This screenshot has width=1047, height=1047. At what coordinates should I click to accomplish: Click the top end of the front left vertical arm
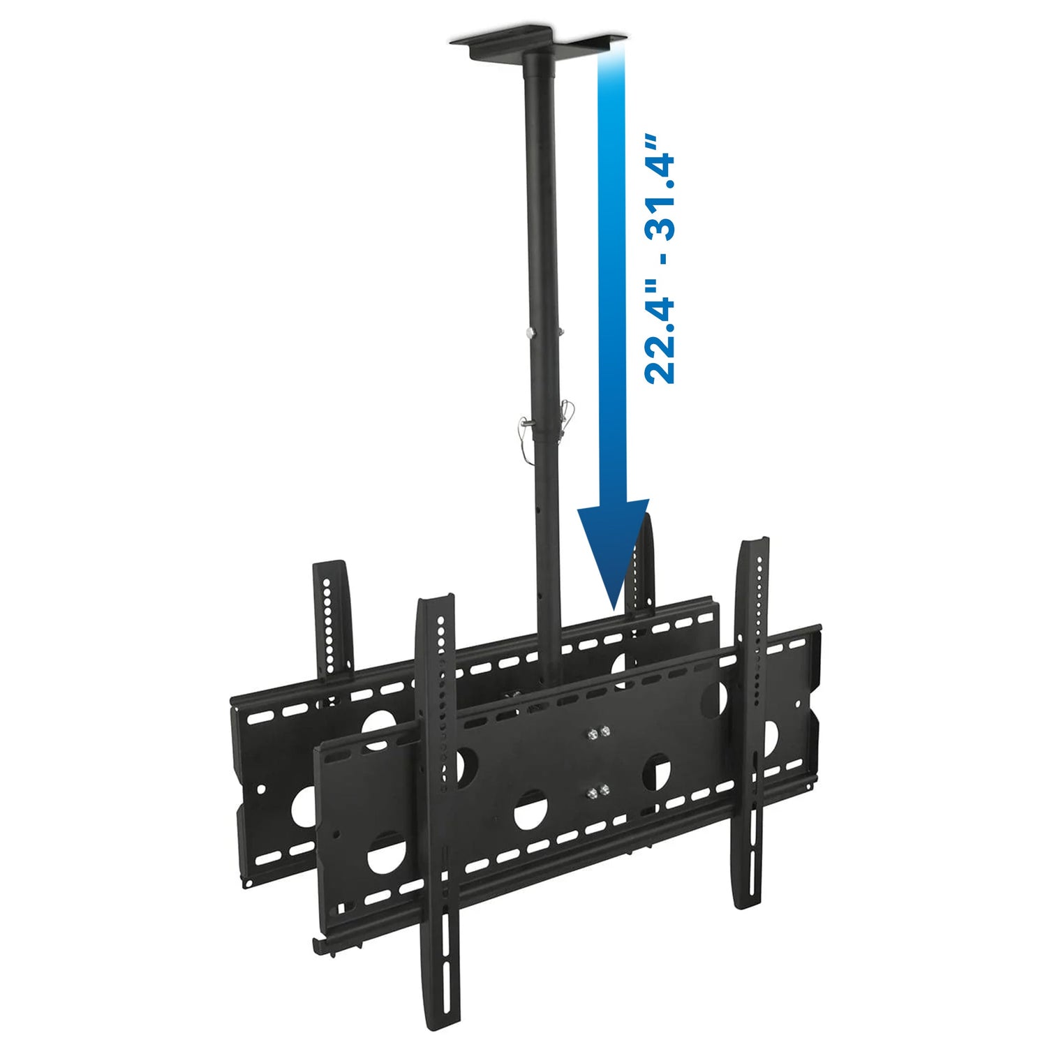tap(434, 602)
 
